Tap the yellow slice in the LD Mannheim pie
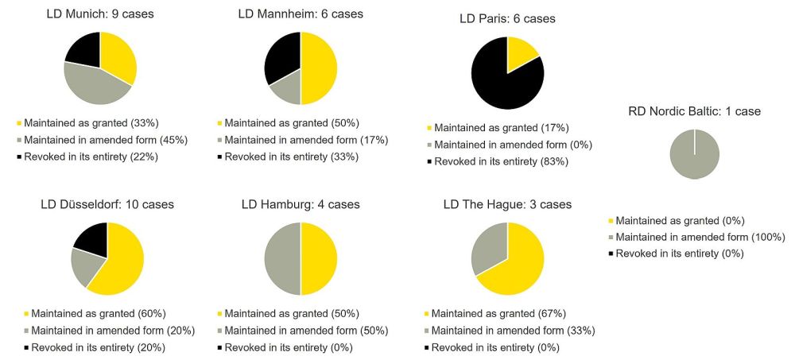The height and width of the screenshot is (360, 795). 319,68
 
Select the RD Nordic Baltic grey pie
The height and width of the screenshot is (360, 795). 695,154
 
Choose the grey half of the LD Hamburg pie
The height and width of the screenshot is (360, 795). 282,258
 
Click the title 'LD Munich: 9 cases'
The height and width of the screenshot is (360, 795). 101,14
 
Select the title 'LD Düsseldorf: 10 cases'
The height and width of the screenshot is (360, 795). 107,204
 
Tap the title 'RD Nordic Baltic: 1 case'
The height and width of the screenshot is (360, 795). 694,111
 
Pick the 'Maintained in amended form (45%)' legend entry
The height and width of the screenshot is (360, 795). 105,140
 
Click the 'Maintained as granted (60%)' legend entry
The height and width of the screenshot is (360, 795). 95,313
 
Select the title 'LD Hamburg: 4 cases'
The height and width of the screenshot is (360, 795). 301,204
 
